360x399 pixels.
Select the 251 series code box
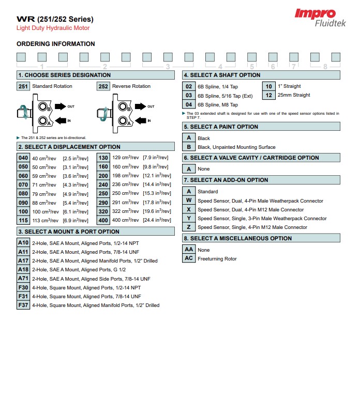click(23, 86)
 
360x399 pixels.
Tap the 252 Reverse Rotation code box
click(103, 86)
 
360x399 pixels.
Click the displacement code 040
click(23, 158)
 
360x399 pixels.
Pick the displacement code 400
click(103, 220)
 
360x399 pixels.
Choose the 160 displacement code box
click(103, 166)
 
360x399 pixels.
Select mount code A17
click(23, 260)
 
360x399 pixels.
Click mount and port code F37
click(23, 305)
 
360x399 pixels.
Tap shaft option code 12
click(268, 95)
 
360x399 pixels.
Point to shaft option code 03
click(189, 96)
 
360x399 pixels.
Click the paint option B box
click(189, 147)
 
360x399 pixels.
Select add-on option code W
click(189, 201)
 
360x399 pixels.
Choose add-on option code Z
click(189, 227)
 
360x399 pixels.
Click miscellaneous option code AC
click(189, 258)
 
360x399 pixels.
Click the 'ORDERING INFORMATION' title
click(56, 44)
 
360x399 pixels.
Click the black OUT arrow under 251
click(60, 106)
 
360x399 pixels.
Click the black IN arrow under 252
click(140, 120)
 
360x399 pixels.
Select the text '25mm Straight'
click(294, 95)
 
